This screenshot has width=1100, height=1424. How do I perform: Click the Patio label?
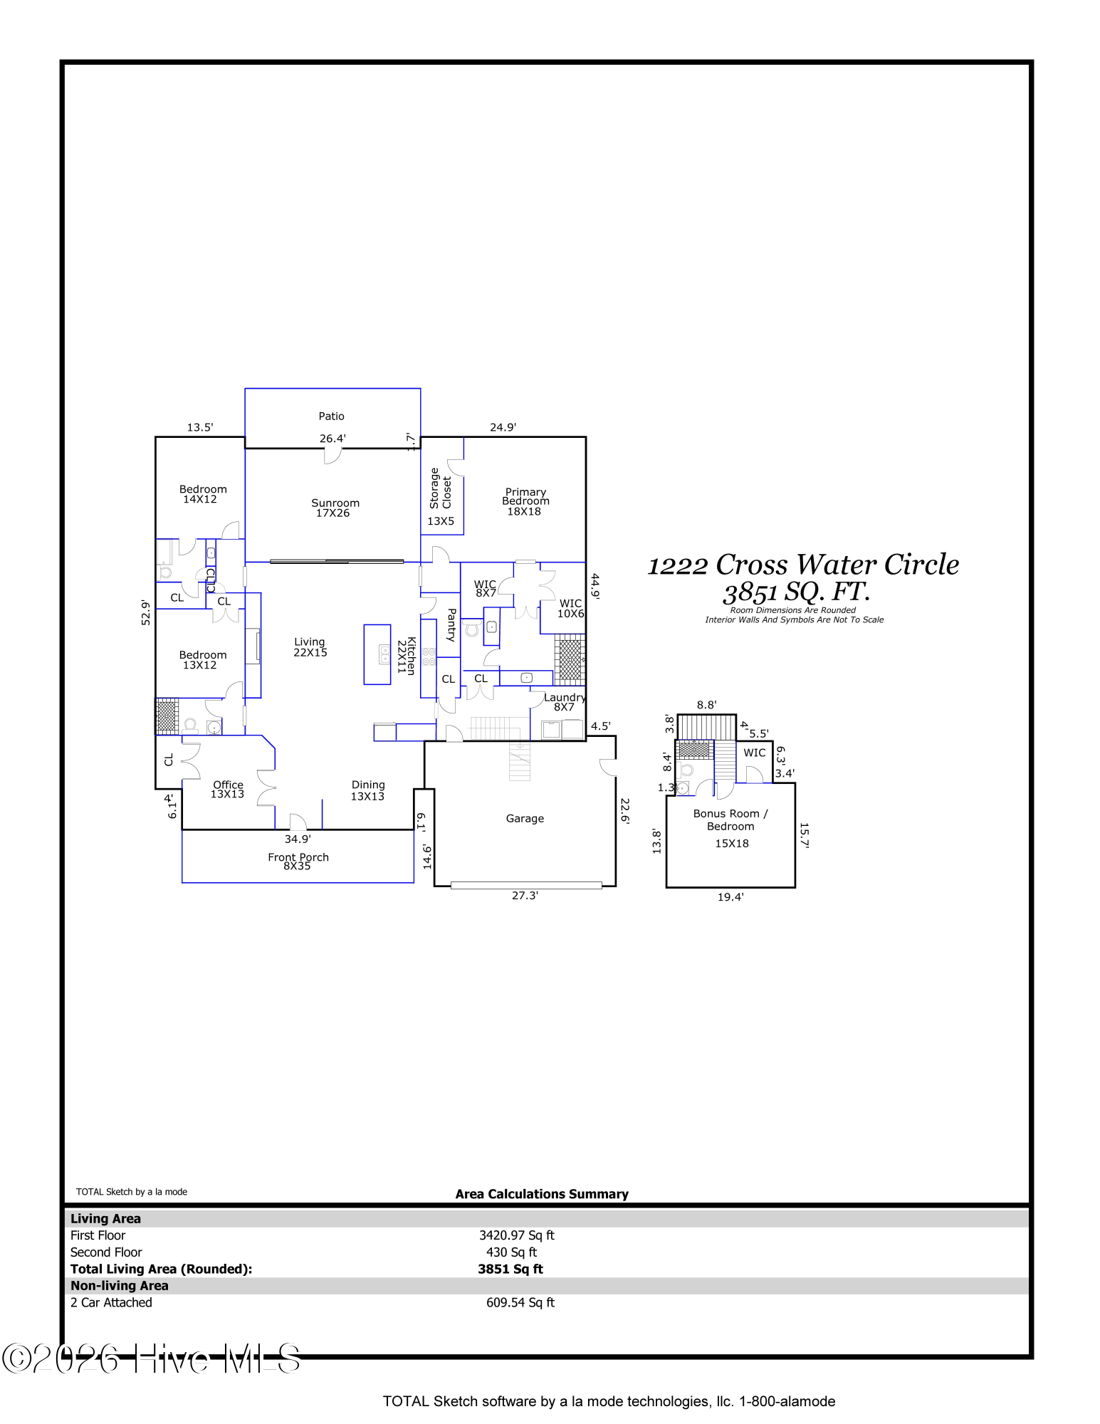point(331,417)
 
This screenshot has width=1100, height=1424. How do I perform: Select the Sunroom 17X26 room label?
point(334,508)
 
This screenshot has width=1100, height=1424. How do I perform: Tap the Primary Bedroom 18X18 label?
point(525,502)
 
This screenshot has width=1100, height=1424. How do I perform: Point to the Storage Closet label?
point(440,488)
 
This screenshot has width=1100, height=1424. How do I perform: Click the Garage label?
point(525,819)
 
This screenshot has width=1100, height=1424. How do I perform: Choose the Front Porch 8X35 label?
point(298,862)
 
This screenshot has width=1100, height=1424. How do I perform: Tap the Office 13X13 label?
point(227,790)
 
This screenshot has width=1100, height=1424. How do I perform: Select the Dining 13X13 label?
point(367,790)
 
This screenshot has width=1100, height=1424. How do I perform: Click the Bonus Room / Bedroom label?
point(730,820)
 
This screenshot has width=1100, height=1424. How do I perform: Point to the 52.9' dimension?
point(146,612)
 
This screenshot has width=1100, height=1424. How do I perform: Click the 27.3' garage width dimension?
point(525,896)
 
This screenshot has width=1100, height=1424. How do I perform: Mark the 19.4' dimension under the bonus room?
point(730,897)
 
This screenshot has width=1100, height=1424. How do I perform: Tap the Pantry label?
point(451,625)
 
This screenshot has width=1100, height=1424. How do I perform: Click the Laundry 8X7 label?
point(565,702)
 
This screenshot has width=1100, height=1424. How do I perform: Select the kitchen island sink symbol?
point(384,654)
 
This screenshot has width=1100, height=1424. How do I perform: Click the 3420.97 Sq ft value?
point(516,1235)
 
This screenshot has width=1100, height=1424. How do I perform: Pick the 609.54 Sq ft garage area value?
point(520,1302)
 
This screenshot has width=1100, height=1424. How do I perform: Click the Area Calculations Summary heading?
point(542,1194)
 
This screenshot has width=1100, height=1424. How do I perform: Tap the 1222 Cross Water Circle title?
point(802,565)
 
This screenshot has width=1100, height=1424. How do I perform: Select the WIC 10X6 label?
point(570,608)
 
